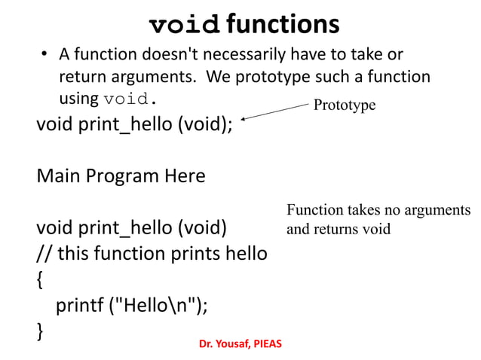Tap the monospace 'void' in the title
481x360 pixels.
185,24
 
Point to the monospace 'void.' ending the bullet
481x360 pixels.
131,99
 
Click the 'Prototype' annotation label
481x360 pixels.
345,105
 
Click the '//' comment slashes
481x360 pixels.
44,253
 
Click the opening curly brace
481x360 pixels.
40,279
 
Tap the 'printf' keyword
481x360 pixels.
80,305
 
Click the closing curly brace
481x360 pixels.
40,331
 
